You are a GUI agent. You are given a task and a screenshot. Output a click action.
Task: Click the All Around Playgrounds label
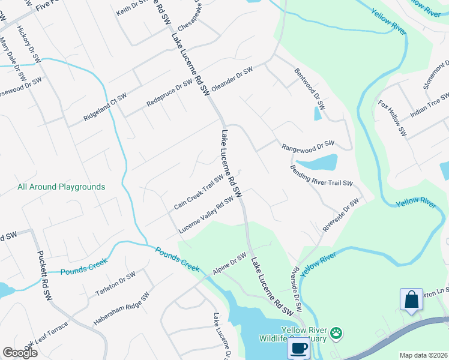[61, 187]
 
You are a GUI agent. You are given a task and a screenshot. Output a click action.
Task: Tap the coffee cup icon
[298, 347]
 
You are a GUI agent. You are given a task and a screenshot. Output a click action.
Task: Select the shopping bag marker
[412, 300]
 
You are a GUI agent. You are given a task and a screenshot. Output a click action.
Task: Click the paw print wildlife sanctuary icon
[337, 332]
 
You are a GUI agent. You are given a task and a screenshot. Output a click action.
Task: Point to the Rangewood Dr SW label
[307, 145]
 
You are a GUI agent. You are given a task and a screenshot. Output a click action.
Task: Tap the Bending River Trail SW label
[321, 176]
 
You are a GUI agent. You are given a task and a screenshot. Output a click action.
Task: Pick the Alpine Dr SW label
[230, 265]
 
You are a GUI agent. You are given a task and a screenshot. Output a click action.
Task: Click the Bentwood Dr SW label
[309, 88]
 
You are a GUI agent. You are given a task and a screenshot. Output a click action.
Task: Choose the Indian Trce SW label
[430, 106]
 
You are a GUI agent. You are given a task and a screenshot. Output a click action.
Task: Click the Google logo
[20, 353]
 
